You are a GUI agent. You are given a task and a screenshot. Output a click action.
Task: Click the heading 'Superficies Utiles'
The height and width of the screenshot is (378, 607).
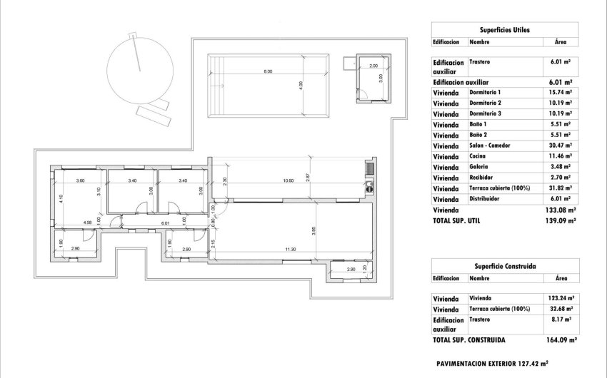(x=504, y=29)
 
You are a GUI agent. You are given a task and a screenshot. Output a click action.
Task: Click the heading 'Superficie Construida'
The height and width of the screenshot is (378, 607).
(x=504, y=265)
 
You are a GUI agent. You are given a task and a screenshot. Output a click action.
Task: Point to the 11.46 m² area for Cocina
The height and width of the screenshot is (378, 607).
(x=561, y=156)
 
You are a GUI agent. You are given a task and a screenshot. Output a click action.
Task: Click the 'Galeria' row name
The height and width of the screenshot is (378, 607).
(x=480, y=167)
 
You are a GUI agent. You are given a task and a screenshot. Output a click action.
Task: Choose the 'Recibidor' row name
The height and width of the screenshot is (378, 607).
(x=482, y=178)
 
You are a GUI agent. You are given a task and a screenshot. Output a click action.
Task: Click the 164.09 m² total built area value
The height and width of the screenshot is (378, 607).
(x=560, y=339)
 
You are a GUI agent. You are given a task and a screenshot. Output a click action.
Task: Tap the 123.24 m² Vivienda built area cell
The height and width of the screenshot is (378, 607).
(x=561, y=298)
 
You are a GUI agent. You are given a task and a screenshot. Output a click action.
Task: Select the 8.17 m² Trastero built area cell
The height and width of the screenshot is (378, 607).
(x=561, y=320)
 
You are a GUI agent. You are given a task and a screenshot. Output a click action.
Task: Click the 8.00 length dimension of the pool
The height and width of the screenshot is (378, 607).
(x=267, y=72)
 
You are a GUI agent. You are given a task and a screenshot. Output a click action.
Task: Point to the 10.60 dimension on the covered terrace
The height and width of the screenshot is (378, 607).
(x=289, y=180)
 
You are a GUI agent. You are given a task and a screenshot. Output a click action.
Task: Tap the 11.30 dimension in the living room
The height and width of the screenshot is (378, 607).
(x=290, y=249)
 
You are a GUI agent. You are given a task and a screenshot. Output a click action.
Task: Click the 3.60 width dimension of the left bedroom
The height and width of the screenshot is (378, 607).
(x=80, y=180)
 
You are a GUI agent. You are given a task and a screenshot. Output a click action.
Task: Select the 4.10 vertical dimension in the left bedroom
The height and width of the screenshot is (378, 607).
(x=61, y=200)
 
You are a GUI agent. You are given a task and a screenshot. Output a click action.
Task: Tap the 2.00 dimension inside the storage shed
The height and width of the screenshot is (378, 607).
(x=373, y=66)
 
